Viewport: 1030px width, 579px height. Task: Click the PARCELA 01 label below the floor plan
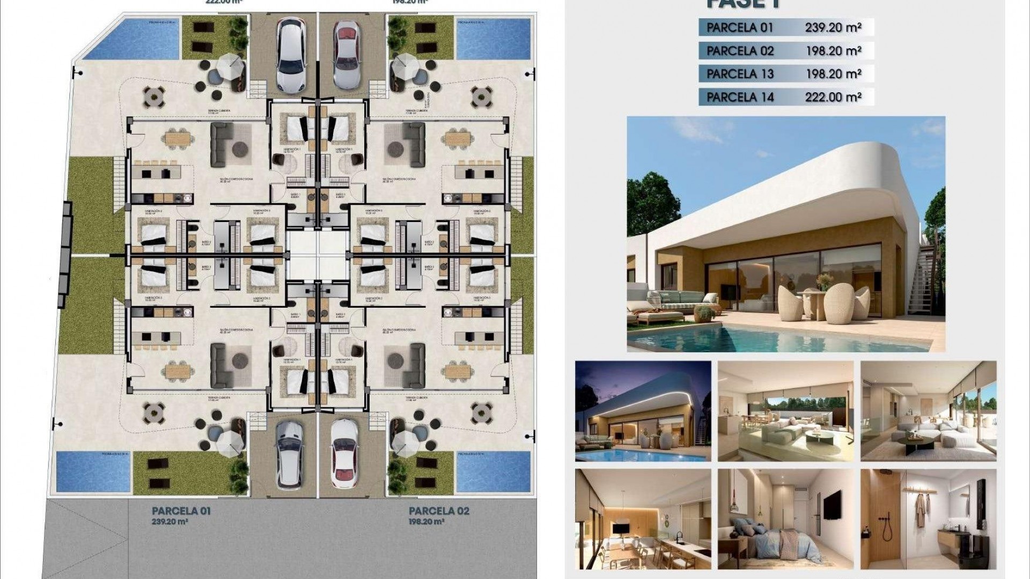point(181,510)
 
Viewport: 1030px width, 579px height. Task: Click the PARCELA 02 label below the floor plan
point(439,510)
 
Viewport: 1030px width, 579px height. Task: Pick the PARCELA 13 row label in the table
point(740,74)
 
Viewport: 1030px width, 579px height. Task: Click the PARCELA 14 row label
point(740,97)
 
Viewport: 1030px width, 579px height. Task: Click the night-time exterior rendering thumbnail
point(643,411)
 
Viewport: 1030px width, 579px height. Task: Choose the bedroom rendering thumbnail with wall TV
point(785,519)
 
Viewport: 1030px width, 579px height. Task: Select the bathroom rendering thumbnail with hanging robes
point(928,519)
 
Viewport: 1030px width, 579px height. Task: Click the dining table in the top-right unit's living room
point(457,139)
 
